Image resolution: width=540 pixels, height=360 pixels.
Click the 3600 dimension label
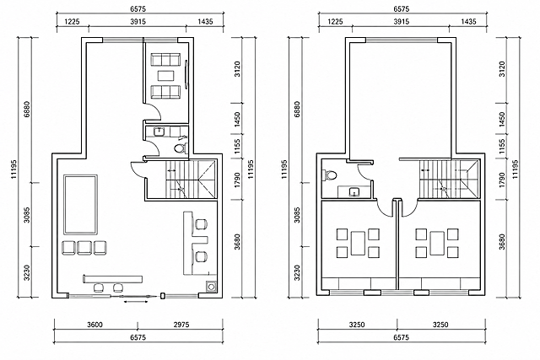tap(94, 325)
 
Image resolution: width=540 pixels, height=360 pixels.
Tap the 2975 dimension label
tap(181, 325)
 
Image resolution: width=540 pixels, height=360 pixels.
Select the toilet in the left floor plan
tap(181, 148)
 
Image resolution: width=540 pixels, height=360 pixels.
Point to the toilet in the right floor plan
tap(330, 175)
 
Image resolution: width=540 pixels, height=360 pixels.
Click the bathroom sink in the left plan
tap(159, 132)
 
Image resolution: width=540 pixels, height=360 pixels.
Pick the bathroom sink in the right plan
tap(354, 191)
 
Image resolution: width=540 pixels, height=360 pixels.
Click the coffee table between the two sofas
tap(165, 75)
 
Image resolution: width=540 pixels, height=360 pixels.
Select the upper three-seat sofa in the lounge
tap(165, 59)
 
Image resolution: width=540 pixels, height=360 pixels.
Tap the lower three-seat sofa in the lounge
tap(165, 92)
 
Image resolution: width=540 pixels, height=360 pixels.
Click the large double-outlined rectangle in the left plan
tap(81, 204)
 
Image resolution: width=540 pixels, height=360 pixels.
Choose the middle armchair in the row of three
tap(84, 248)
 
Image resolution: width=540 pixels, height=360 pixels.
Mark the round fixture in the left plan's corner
tap(211, 286)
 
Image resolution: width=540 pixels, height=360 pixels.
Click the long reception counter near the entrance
tap(112, 279)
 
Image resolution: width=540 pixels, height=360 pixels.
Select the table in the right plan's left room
tap(358, 244)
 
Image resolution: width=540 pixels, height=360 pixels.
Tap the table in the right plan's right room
tap(437, 244)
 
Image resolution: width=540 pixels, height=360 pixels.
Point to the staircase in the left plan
tap(191, 179)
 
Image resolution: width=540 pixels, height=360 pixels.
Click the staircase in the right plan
tap(449, 179)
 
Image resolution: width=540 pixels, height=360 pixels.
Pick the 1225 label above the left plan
tap(73, 22)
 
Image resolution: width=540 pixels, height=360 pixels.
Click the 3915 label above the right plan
tap(402, 22)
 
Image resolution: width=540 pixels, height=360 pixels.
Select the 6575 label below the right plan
tap(402, 337)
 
